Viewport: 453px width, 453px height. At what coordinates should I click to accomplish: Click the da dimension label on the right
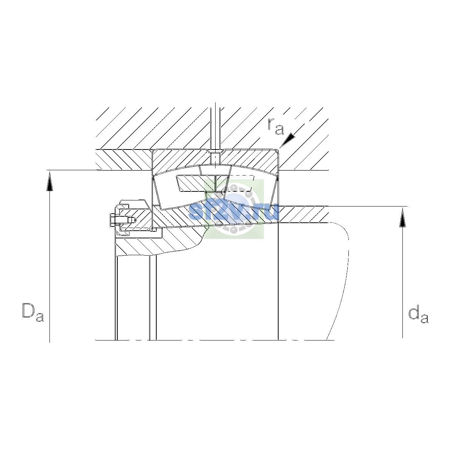(x=418, y=315)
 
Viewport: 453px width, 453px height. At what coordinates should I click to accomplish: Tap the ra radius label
(x=276, y=127)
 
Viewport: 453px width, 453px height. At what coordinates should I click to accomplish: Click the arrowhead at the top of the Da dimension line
(x=49, y=181)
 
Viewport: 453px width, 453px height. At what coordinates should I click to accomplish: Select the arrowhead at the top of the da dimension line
(x=402, y=217)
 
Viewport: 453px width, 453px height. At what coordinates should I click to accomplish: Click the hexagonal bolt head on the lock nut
(x=112, y=220)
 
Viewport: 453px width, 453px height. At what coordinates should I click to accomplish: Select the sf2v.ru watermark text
(x=234, y=211)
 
